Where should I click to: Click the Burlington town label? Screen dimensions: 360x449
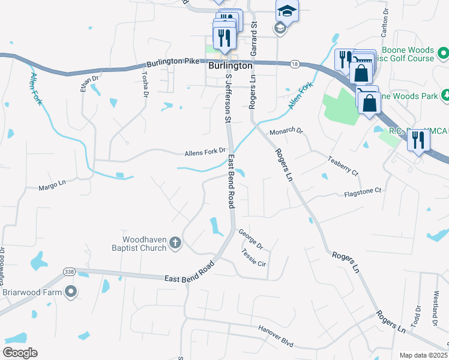[230, 66]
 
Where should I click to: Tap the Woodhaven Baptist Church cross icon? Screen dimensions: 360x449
[175, 242]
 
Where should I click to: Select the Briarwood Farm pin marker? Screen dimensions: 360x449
[71, 292]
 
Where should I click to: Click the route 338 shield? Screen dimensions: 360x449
[68, 271]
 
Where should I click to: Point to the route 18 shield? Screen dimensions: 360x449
[294, 64]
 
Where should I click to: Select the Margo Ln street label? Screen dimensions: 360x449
[52, 187]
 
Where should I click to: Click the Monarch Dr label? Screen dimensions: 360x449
[286, 131]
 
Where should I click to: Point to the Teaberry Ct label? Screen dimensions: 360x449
[342, 166]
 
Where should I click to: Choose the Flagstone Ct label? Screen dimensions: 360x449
[363, 192]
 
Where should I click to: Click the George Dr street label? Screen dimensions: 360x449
[250, 239]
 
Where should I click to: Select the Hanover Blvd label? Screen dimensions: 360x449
[276, 335]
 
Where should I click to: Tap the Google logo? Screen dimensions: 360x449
[20, 353]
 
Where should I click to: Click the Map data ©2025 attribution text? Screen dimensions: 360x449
[423, 355]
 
